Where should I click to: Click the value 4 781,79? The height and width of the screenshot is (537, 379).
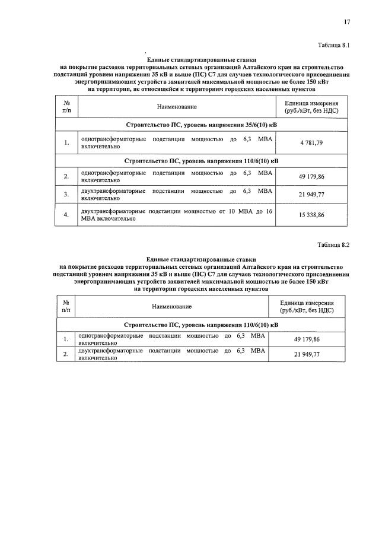pyautogui.click(x=316, y=142)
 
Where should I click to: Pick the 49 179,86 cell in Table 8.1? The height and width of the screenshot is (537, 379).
pyautogui.click(x=316, y=176)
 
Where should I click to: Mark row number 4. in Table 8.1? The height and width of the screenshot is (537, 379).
pyautogui.click(x=66, y=215)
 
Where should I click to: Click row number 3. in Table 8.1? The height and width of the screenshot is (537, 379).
pyautogui.click(x=66, y=195)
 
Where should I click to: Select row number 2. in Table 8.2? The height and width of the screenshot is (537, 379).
pyautogui.click(x=66, y=354)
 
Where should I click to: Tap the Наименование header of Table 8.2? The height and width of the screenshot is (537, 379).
pyautogui.click(x=171, y=306)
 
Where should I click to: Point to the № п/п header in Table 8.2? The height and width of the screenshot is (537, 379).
pyautogui.click(x=66, y=306)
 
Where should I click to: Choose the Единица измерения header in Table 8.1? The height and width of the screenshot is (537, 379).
pyautogui.click(x=316, y=106)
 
